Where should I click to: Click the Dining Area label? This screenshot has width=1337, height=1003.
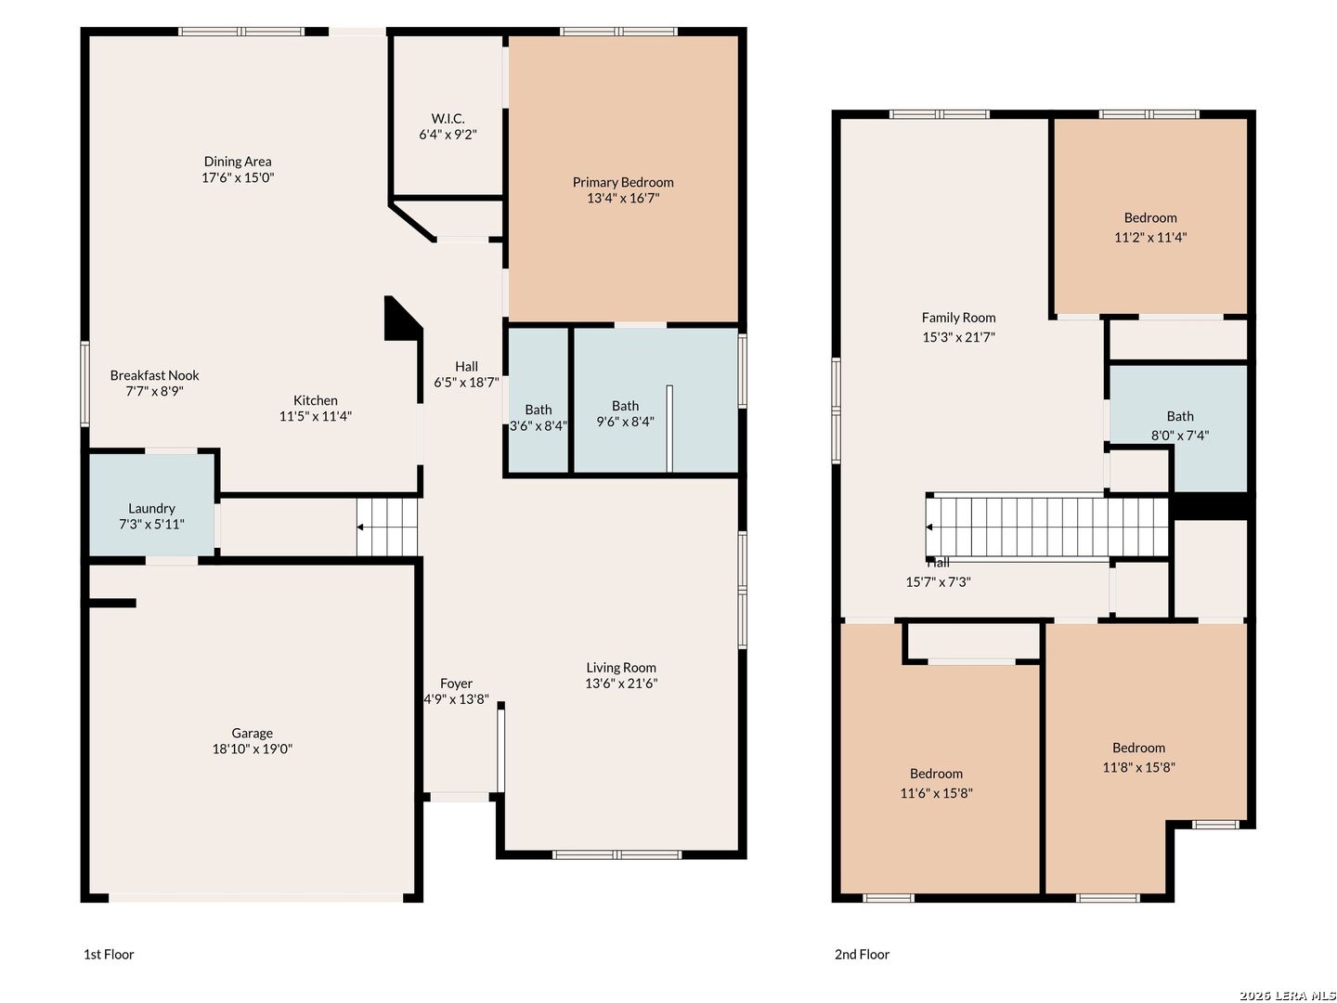pos(237,162)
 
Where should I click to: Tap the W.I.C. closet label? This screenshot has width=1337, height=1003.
pos(448,118)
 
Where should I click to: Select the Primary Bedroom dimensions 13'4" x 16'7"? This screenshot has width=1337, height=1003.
pos(622,198)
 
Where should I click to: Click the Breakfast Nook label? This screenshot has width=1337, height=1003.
pos(154,375)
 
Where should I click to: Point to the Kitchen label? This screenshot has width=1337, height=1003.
pos(315,400)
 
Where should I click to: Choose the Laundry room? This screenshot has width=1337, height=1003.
pos(151,504)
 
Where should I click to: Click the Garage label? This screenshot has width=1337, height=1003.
pos(252,734)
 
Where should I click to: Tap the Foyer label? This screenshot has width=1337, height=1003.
pos(456,684)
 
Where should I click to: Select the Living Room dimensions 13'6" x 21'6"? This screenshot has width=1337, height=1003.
pos(621,684)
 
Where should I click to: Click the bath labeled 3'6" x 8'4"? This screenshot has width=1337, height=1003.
pos(538,399)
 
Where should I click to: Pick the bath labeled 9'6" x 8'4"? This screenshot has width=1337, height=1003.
pos(656,399)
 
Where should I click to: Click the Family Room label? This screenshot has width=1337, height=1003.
pos(958,318)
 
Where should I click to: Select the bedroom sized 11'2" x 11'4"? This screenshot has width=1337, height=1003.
pos(1150,216)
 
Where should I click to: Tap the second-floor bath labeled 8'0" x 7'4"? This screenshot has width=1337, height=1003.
pos(1178,426)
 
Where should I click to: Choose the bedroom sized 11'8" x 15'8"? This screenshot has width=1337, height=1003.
pos(1137,755)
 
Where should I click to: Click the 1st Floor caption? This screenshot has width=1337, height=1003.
pos(109,955)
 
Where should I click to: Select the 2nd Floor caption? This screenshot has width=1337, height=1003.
pos(862,955)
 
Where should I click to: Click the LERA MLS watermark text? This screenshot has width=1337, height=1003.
pos(1288,995)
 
